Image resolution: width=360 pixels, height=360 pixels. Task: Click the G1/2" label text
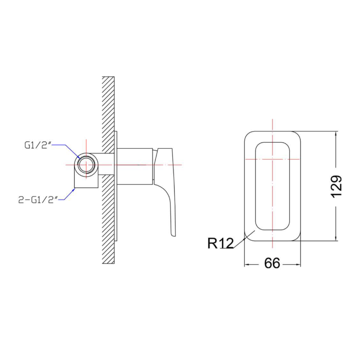[39, 145]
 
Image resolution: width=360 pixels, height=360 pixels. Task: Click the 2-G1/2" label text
[38, 200]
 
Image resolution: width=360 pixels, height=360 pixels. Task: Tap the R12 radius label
[220, 244]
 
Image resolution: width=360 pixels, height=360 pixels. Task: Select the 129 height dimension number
[337, 186]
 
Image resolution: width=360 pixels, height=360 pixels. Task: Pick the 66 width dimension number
[272, 263]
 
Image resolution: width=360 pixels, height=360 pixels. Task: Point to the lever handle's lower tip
[173, 235]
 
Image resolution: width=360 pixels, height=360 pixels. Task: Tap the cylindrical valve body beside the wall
[135, 166]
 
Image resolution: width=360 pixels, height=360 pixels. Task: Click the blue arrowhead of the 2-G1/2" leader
[74, 189]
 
